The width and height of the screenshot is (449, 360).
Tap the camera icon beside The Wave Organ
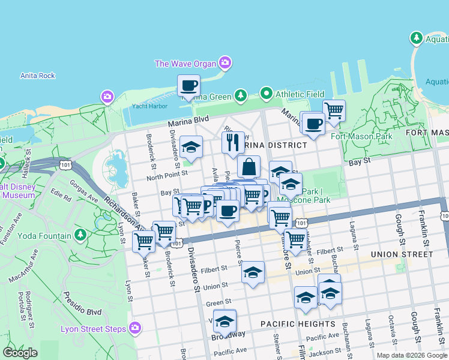click(225, 62)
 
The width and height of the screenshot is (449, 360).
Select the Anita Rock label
click(37, 76)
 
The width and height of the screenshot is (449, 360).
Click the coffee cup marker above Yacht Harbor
click(189, 86)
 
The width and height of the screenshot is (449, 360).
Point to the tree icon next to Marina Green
click(241, 95)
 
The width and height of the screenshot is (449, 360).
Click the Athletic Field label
click(300, 94)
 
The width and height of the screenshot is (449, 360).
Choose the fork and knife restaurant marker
click(232, 142)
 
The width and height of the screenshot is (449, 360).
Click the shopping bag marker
click(249, 167)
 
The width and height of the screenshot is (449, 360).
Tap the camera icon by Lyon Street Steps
click(135, 328)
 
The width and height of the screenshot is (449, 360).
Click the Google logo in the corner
click(20, 353)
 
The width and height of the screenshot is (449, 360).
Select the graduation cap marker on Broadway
click(225, 322)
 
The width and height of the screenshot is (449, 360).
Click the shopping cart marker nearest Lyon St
click(143, 241)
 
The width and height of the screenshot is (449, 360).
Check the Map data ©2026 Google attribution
click(411, 355)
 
